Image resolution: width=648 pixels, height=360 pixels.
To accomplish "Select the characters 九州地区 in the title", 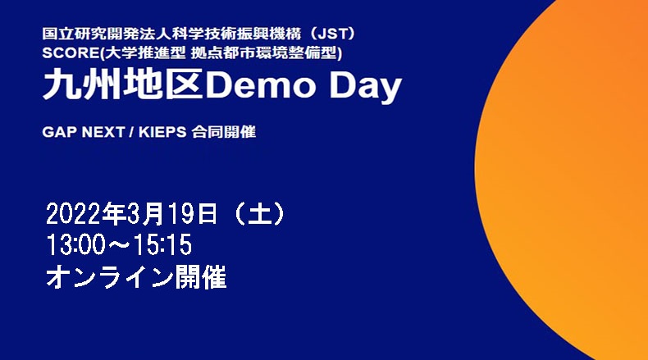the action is [123, 84].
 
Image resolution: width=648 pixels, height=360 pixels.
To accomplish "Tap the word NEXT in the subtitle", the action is [103, 132].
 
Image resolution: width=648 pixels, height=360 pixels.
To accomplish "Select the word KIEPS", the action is [162, 132].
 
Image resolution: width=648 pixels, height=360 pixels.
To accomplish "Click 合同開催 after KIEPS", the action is [224, 132].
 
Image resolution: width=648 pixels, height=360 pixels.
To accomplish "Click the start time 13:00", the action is [75, 244].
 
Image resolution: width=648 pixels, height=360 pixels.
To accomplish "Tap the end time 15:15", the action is [162, 244].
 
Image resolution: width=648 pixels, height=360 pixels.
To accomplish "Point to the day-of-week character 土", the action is [259, 214].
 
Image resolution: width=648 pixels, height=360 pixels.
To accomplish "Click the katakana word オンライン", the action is [109, 276].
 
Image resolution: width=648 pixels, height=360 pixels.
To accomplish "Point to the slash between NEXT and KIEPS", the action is [131, 132].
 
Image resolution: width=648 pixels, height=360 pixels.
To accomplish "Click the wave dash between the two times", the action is [120, 245].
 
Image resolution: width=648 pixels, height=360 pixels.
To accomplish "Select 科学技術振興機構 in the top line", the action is [236, 34].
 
